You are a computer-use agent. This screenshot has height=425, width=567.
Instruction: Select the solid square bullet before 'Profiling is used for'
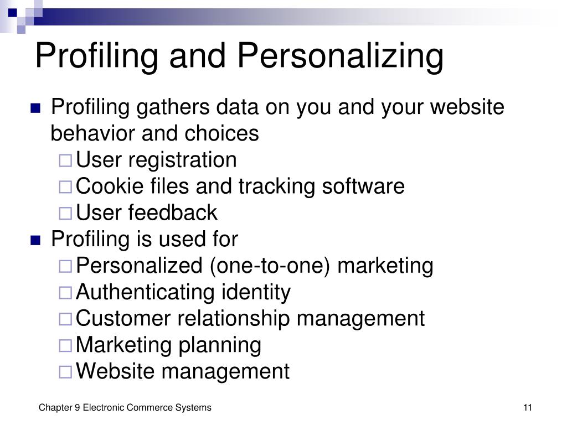coord(35,240)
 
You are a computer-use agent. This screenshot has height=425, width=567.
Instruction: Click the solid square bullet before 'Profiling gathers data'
coord(35,108)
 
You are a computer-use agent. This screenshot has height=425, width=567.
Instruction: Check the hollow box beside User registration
coord(65,160)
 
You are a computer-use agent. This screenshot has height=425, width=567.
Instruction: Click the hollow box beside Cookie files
coord(65,187)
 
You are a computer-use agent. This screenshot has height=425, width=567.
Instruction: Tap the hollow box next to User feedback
coord(65,213)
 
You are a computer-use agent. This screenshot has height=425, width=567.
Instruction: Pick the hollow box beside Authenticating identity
coord(65,292)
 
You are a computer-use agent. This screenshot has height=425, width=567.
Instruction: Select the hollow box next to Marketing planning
coord(65,345)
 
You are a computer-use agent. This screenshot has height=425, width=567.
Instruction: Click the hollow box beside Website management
coord(65,372)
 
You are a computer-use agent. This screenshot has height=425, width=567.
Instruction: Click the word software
coord(363,186)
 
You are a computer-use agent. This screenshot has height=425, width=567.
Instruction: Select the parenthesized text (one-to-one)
coord(270,266)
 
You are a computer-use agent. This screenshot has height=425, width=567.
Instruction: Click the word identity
coord(256,293)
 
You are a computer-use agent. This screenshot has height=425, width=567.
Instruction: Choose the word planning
coord(220,345)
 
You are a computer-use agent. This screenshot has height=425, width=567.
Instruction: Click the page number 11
coord(528,408)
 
